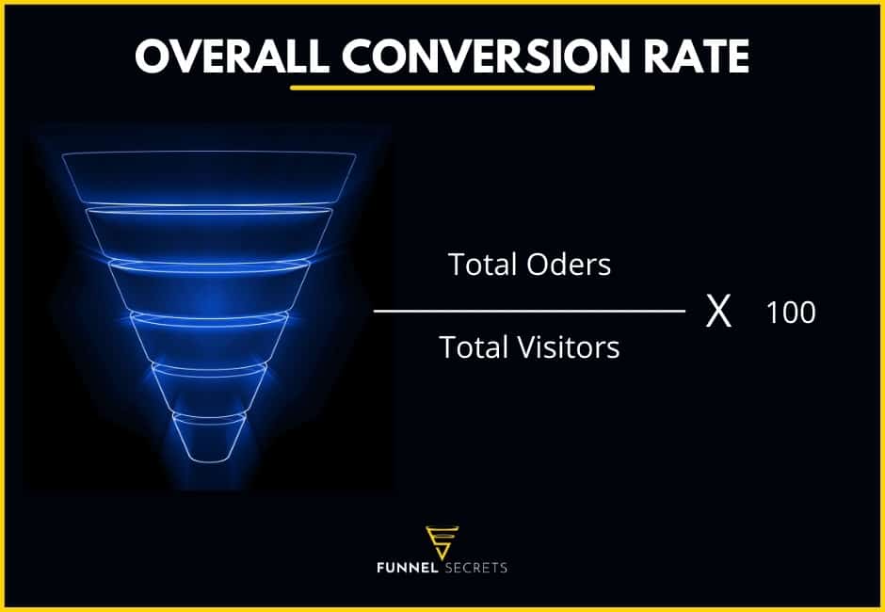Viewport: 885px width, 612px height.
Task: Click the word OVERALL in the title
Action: (230, 57)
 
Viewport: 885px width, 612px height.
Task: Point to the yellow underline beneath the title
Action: (442, 89)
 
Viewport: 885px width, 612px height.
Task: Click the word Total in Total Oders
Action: (483, 266)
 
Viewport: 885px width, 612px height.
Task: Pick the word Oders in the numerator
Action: (569, 266)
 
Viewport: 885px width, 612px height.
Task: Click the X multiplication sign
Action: (718, 312)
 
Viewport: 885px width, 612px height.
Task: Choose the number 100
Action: (790, 313)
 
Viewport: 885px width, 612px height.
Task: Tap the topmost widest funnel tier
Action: (208, 177)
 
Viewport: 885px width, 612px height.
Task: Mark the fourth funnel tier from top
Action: (209, 335)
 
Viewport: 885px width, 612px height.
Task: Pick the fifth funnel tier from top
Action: (209, 386)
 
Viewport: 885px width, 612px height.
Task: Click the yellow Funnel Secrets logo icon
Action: (442, 541)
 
